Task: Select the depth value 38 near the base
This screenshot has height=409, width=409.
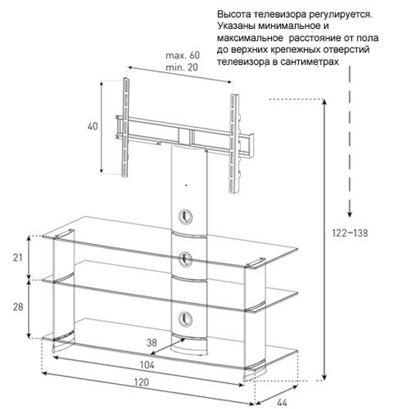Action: click(152, 342)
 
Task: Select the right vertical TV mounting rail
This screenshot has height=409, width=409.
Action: click(234, 144)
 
